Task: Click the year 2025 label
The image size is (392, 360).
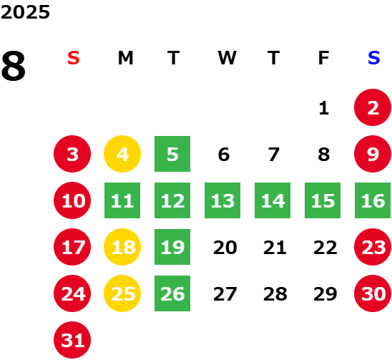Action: pyautogui.click(x=25, y=12)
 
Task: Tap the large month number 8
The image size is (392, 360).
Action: pyautogui.click(x=14, y=66)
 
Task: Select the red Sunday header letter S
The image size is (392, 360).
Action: pyautogui.click(x=73, y=58)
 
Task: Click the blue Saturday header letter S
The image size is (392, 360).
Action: pyautogui.click(x=373, y=58)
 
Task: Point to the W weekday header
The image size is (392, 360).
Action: pyautogui.click(x=227, y=58)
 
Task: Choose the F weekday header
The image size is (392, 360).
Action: pyautogui.click(x=323, y=58)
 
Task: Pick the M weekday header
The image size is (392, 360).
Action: pyautogui.click(x=125, y=58)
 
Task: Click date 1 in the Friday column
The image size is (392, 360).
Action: pyautogui.click(x=324, y=108)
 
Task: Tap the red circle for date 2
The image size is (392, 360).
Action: pyautogui.click(x=373, y=107)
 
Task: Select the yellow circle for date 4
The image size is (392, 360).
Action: pyautogui.click(x=122, y=154)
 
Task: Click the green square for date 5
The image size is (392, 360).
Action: pyautogui.click(x=172, y=154)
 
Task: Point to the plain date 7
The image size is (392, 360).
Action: pyautogui.click(x=273, y=155)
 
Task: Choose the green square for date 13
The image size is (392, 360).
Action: pyautogui.click(x=222, y=200)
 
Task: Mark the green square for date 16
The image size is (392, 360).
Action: pyautogui.click(x=373, y=200)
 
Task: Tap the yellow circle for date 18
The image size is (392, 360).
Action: pyautogui.click(x=122, y=247)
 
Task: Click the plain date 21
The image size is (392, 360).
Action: pyautogui.click(x=275, y=248)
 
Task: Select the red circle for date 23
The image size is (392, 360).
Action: pyautogui.click(x=373, y=247)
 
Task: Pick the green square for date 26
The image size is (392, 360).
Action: pyautogui.click(x=172, y=293)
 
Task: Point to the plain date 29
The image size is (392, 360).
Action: pyautogui.click(x=325, y=294)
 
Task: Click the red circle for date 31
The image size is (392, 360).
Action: pyautogui.click(x=72, y=340)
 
